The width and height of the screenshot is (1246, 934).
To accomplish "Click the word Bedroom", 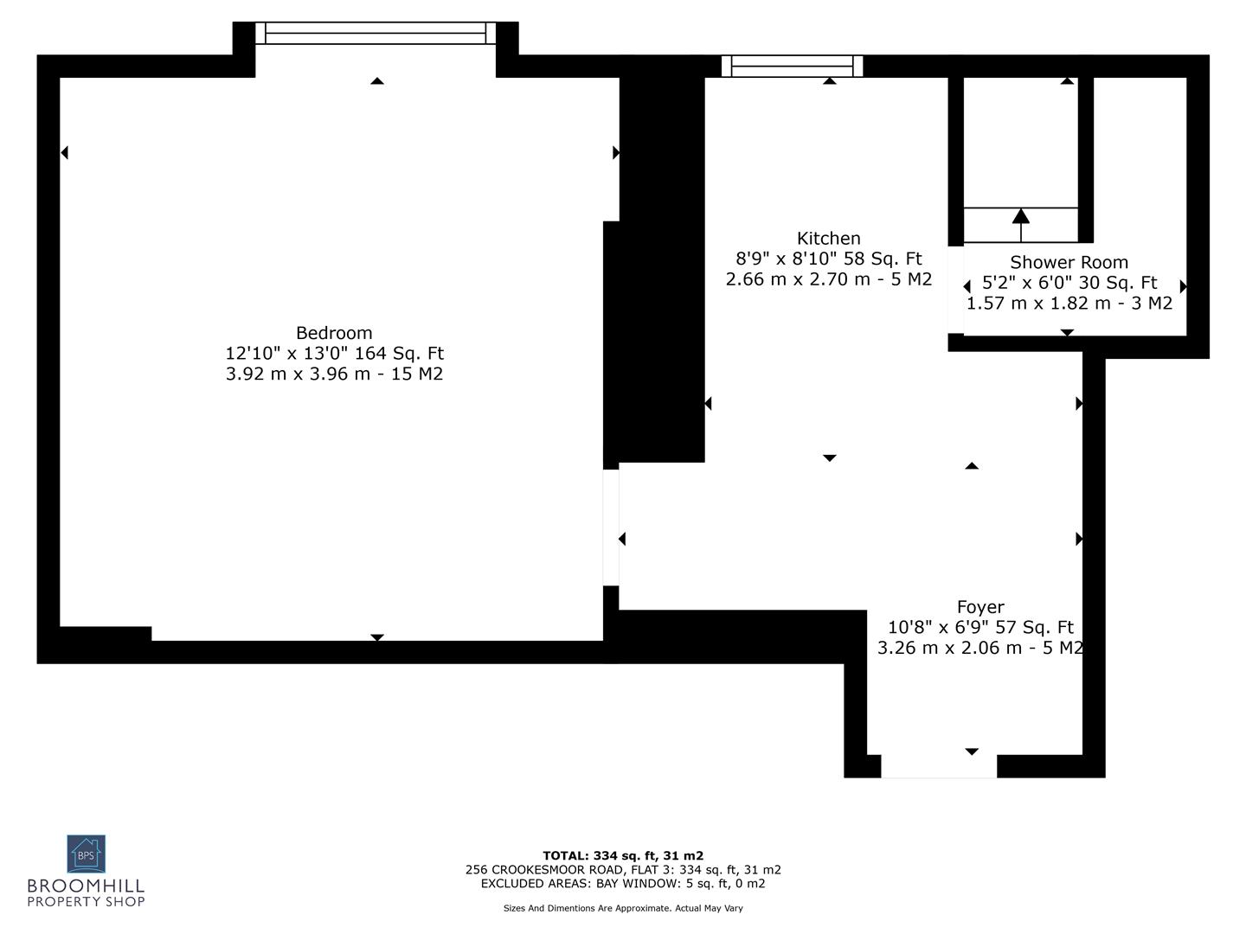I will pyautogui.click(x=334, y=333).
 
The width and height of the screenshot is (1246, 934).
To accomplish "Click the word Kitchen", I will pyautogui.click(x=828, y=239).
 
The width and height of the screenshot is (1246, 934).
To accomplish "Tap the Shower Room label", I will pyautogui.click(x=1069, y=262).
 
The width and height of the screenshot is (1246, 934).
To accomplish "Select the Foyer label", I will pyautogui.click(x=979, y=607).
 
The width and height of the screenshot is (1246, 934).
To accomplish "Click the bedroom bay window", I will pyautogui.click(x=376, y=33).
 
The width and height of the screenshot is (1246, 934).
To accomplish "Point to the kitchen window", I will pyautogui.click(x=792, y=66).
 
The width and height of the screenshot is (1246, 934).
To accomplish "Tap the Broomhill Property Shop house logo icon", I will pyautogui.click(x=86, y=854).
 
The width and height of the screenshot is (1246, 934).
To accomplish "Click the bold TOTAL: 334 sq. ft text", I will pyautogui.click(x=623, y=856).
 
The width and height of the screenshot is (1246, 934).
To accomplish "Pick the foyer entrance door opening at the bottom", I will pyautogui.click(x=938, y=766).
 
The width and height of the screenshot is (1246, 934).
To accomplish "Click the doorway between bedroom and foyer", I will pyautogui.click(x=612, y=527).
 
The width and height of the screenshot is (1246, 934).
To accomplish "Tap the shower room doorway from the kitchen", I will pyautogui.click(x=955, y=290).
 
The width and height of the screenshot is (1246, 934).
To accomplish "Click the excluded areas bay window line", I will pyautogui.click(x=623, y=883).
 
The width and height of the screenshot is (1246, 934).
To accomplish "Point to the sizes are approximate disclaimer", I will pyautogui.click(x=623, y=908).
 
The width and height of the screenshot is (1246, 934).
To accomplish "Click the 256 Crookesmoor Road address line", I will pyautogui.click(x=623, y=870).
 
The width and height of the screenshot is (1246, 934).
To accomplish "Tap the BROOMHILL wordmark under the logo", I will pyautogui.click(x=86, y=886).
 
